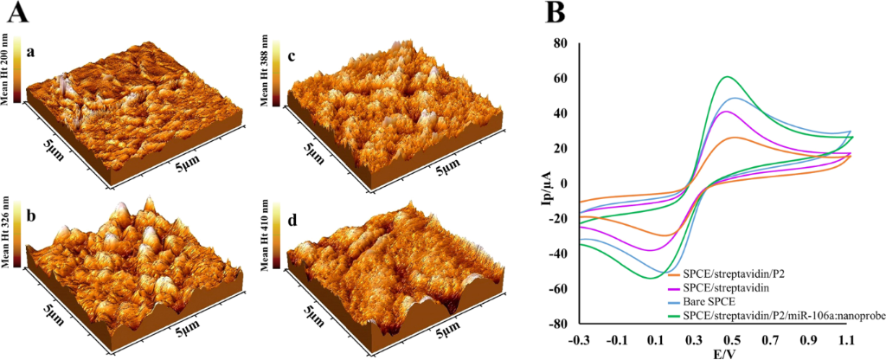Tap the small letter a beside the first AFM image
point(31,53)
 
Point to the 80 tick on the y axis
point(560,43)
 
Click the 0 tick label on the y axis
point(563,183)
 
